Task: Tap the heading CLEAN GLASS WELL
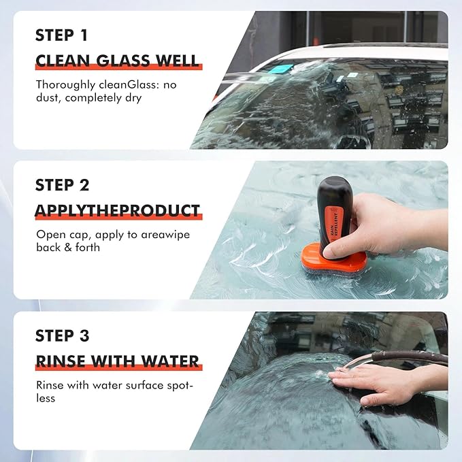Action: pos(118,61)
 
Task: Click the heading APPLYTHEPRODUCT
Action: pos(118,210)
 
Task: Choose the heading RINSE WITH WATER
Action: pos(117,361)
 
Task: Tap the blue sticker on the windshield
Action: pos(280,69)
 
